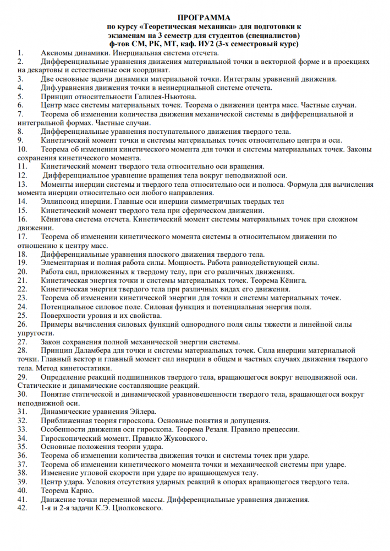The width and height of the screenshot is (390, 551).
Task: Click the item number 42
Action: click(x=22, y=507)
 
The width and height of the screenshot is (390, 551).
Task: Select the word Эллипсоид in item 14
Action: click(x=59, y=202)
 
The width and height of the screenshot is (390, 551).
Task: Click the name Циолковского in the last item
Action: click(x=135, y=507)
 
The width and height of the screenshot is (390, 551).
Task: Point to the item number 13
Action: click(x=22, y=184)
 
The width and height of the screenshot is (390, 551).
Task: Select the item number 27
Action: click(x=22, y=342)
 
